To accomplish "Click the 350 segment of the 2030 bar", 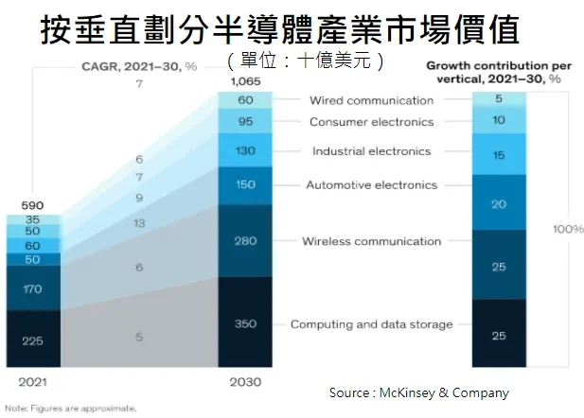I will pos(244,323).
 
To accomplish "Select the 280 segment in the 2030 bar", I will pos(244,241).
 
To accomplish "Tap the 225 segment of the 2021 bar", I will pos(33,341).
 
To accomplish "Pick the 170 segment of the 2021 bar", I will pos(33,287).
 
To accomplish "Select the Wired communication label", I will pos(370,100).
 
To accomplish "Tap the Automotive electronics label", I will pos(371,184).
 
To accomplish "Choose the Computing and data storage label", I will pos(371,324).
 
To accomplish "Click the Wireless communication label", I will pos(371,241).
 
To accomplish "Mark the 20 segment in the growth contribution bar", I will pos(498,202).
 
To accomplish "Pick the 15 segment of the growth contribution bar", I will pos(498,155).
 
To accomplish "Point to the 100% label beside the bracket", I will pos(568,229).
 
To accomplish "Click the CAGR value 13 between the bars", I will pos(139,223).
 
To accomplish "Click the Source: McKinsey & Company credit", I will pos(418,392).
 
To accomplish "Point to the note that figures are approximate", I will pos(70,409).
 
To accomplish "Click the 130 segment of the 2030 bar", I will pos(244,151).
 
